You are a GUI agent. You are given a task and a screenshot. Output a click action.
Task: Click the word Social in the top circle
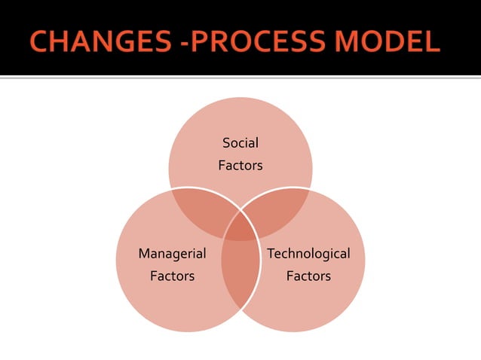pyautogui.click(x=240, y=142)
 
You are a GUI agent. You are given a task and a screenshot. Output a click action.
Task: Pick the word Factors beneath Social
pyautogui.click(x=240, y=165)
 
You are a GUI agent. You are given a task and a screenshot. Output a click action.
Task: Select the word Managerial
pyautogui.click(x=172, y=253)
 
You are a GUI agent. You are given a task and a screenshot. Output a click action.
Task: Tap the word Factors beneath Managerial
pyautogui.click(x=172, y=276)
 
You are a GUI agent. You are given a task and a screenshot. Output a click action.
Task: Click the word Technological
pyautogui.click(x=308, y=253)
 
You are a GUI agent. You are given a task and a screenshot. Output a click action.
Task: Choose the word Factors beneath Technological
pyautogui.click(x=308, y=276)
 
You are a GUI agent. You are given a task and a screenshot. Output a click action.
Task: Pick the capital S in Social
pyautogui.click(x=226, y=142)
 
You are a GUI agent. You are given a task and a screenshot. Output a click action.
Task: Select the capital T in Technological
pyautogui.click(x=271, y=253)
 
